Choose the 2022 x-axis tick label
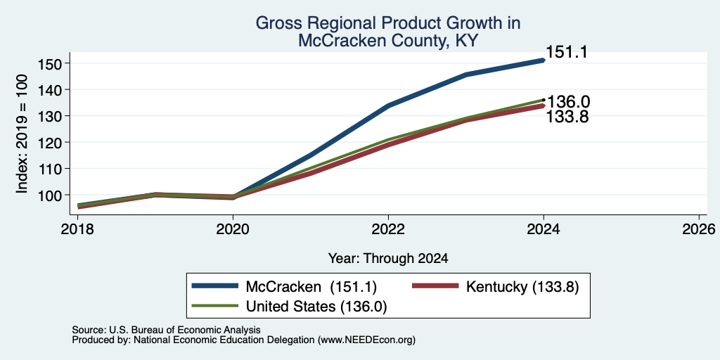[x=388, y=229]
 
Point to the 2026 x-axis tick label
[x=699, y=229]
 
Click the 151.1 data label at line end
[x=567, y=52]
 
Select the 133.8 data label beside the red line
[x=567, y=117]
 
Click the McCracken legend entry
[x=311, y=287]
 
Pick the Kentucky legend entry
[x=522, y=287]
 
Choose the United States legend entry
[x=316, y=307]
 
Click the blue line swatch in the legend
[x=215, y=286]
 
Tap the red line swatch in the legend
[x=436, y=286]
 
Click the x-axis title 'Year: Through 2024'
[x=388, y=259]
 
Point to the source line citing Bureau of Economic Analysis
[x=166, y=330]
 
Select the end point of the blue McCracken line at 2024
[x=544, y=60]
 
